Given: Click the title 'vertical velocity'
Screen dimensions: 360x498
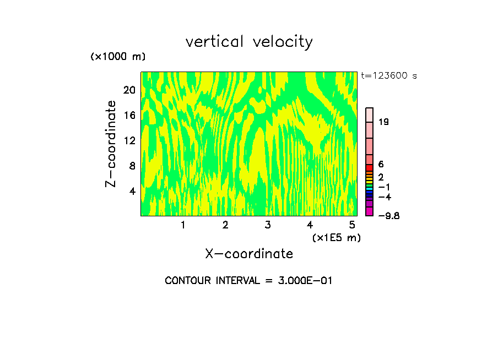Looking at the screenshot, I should [249, 42].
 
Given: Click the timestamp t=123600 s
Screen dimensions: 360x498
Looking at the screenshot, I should [389, 76].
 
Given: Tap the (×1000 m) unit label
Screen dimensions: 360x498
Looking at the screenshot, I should [117, 57].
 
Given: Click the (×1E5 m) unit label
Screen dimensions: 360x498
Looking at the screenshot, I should [336, 237].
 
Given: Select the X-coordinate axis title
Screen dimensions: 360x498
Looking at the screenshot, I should [249, 254].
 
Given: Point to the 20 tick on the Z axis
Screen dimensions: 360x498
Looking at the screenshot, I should [129, 90].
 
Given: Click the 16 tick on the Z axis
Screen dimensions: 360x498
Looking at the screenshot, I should [129, 116].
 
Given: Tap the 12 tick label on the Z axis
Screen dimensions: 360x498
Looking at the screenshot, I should [129, 141].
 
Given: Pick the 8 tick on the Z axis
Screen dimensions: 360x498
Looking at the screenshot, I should [132, 166].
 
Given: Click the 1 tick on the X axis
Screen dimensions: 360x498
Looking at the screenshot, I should [183, 225].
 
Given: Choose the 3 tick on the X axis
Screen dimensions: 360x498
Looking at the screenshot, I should [267, 225].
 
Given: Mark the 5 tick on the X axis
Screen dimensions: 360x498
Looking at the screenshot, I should [351, 225].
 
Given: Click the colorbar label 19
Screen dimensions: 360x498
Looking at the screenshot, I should [384, 122].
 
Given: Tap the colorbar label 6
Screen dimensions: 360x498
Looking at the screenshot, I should [381, 164].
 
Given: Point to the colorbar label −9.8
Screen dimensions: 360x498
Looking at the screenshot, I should [388, 216].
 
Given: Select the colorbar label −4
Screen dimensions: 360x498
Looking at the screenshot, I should [385, 197].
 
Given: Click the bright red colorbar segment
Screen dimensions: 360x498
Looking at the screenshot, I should [370, 168].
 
